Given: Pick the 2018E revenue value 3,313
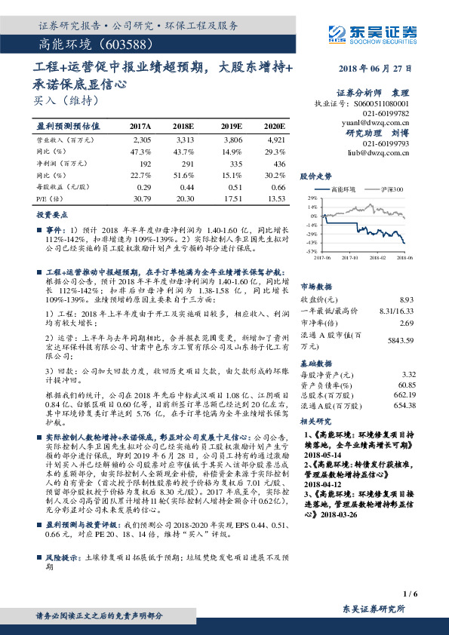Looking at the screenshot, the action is (x=184, y=140).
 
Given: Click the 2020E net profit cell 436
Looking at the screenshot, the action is (x=277, y=162).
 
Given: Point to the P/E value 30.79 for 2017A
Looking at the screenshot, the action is (x=141, y=198).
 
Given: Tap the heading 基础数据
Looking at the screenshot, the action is (x=317, y=362).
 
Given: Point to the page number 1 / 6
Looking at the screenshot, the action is (x=411, y=594).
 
